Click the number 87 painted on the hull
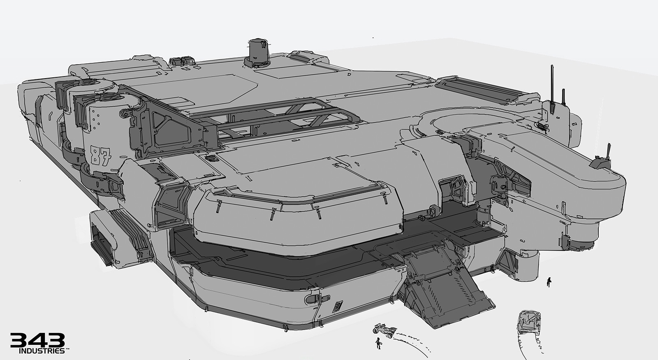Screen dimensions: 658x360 pos(101,156)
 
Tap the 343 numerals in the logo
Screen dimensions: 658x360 pos(37,340)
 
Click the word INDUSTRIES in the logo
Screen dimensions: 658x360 pos(42,351)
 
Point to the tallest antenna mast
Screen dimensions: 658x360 pos(552,85)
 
